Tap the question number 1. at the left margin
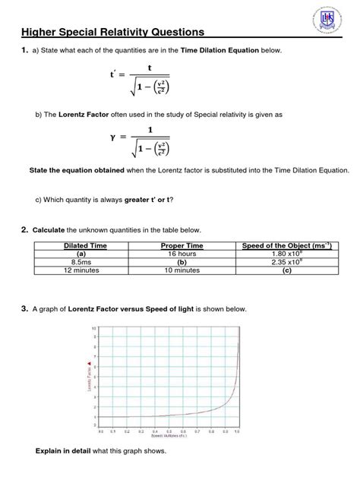(24, 50)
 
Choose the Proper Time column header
(182, 245)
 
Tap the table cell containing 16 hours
(182, 254)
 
